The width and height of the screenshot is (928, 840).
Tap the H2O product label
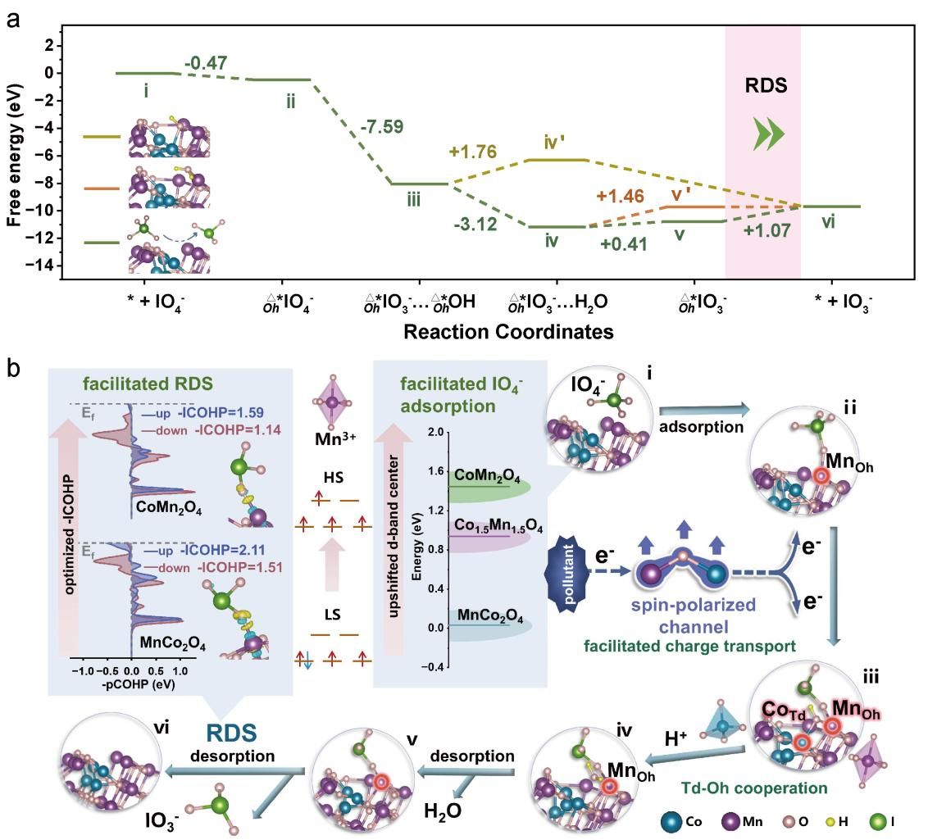(442, 810)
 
